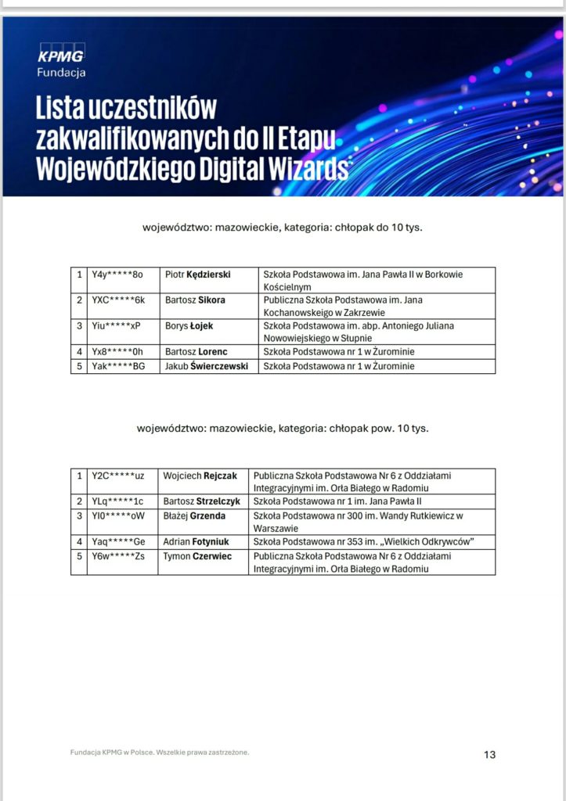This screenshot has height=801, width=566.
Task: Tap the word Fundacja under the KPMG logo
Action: click(x=61, y=73)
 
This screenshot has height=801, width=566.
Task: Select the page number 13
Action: click(x=490, y=755)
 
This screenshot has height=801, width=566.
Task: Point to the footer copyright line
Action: click(x=160, y=753)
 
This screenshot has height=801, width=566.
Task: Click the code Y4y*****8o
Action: click(x=117, y=275)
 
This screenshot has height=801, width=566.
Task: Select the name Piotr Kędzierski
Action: click(x=201, y=275)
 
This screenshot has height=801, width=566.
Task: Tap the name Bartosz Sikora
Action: click(x=195, y=300)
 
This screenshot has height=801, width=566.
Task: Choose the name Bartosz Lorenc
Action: click(x=196, y=352)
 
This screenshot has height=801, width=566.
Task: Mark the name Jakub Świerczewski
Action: click(x=207, y=365)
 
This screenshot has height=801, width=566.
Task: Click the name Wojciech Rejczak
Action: click(x=200, y=476)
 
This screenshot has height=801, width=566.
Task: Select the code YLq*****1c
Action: click(x=117, y=501)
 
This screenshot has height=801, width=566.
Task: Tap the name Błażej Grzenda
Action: click(x=194, y=515)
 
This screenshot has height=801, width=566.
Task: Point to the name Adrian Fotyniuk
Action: click(x=196, y=541)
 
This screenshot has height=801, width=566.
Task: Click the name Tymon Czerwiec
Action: click(x=197, y=556)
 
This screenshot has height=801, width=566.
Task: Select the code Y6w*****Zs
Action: click(x=118, y=556)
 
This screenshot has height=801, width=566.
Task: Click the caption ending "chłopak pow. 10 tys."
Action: click(x=283, y=429)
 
